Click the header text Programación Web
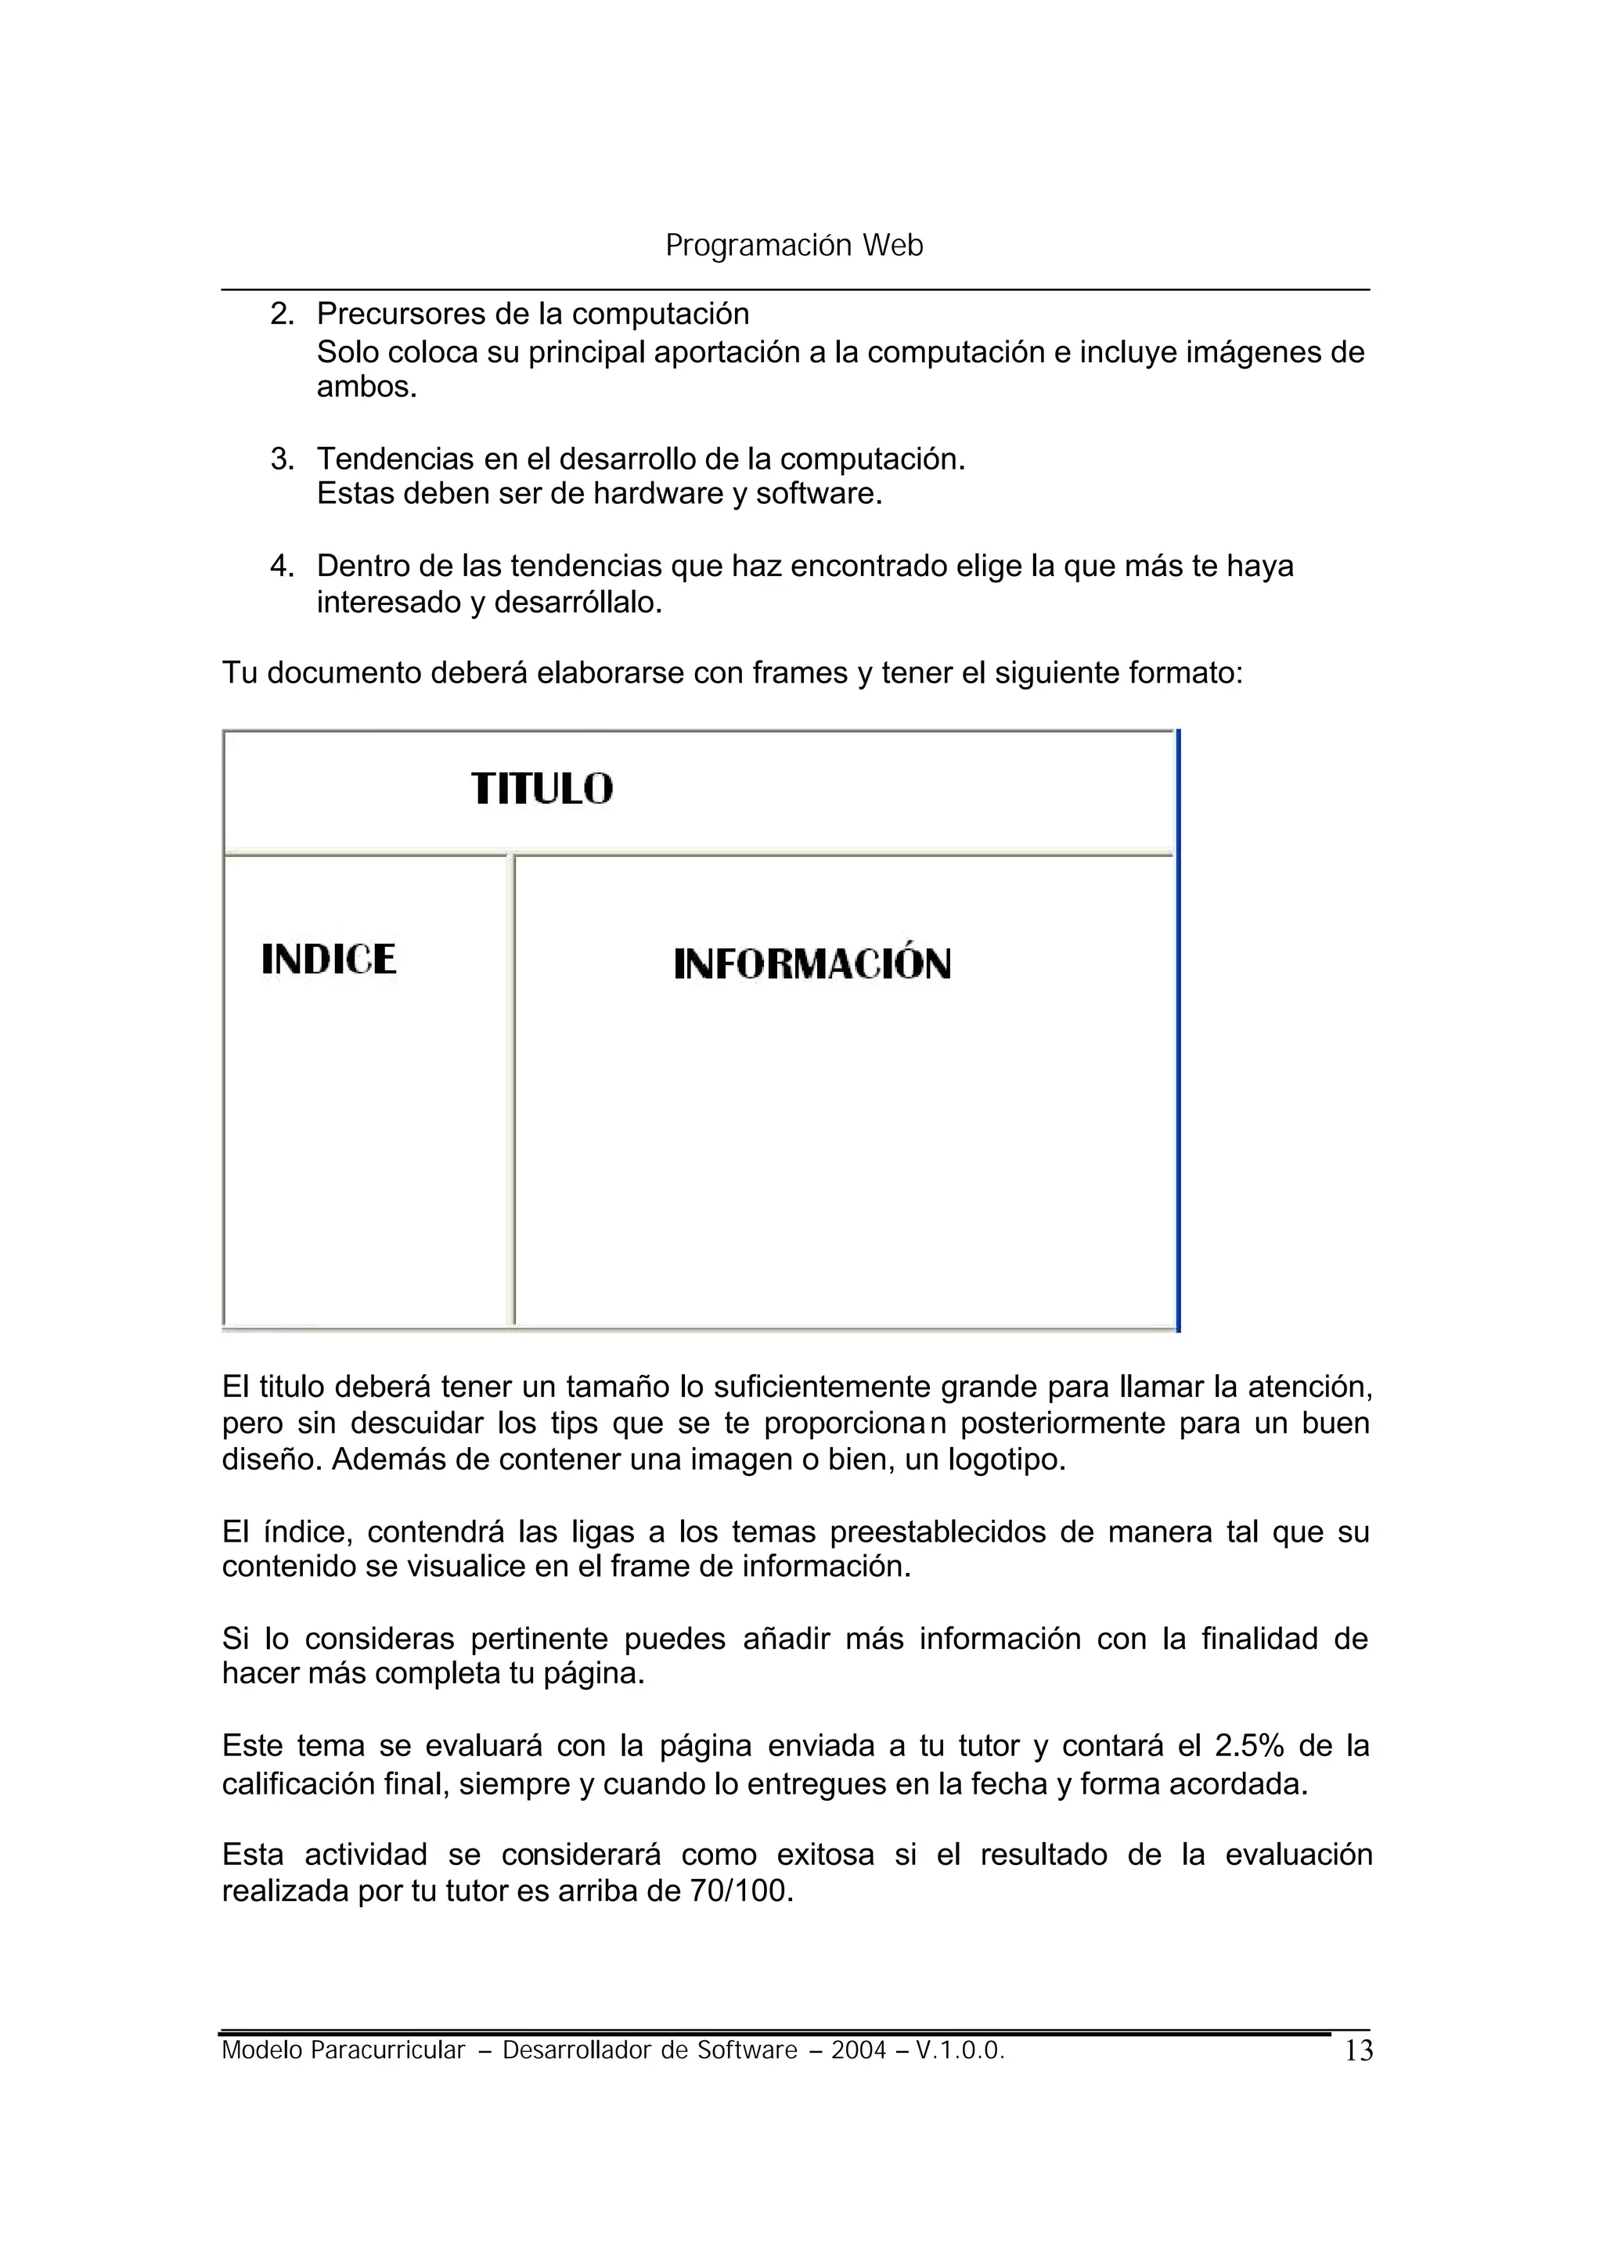click(x=794, y=246)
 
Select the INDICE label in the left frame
click(x=329, y=959)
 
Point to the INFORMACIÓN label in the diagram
click(x=812, y=964)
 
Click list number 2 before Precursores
click(x=283, y=315)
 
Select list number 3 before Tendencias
click(x=283, y=460)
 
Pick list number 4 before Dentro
click(x=283, y=567)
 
